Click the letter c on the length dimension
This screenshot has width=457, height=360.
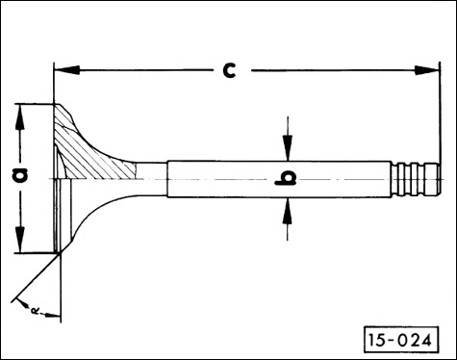coord(228,70)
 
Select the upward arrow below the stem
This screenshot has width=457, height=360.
coord(286,210)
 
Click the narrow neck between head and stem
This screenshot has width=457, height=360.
coord(149,177)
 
